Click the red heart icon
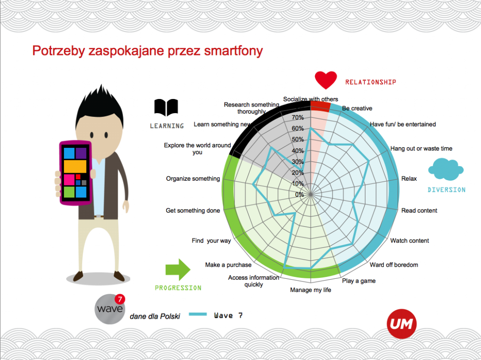click(x=326, y=80)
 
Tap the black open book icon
click(x=166, y=107)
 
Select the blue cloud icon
click(x=446, y=169)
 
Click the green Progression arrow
click(x=178, y=270)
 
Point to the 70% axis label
click(x=297, y=117)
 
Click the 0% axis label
click(x=299, y=194)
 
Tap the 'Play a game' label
click(x=358, y=281)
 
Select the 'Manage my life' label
click(x=310, y=290)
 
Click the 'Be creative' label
click(x=357, y=108)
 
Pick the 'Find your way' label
click(x=211, y=241)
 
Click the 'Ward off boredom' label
click(x=394, y=265)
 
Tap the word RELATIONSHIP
click(x=371, y=82)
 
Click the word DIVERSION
click(x=447, y=190)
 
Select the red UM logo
click(x=402, y=324)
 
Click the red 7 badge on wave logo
click(x=120, y=299)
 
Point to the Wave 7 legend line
click(x=198, y=314)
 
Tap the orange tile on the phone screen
click(x=75, y=167)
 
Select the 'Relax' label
click(x=409, y=178)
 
